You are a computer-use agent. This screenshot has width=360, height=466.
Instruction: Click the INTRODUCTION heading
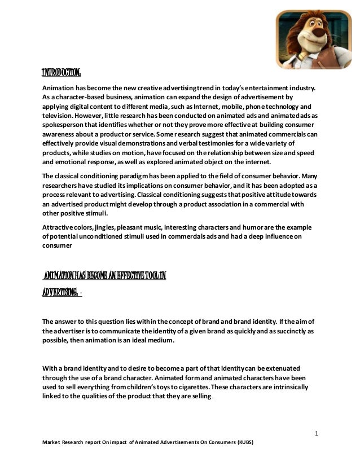click(x=63, y=73)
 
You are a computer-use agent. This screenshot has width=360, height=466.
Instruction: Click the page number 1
click(x=317, y=433)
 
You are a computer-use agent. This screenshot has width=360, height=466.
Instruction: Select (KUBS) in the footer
click(x=245, y=442)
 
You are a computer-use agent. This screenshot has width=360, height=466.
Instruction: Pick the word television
click(x=59, y=115)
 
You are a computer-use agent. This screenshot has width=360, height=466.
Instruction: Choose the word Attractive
click(x=60, y=227)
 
